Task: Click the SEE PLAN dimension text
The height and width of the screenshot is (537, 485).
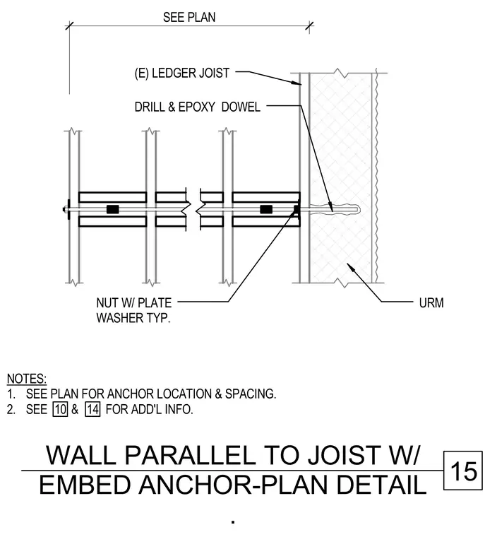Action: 189,17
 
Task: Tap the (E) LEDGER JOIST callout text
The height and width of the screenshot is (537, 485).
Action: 181,73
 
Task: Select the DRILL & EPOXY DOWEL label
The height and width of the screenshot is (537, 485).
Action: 198,107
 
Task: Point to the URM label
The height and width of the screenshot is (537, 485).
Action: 431,302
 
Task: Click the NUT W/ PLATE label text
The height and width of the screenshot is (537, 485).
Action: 134,302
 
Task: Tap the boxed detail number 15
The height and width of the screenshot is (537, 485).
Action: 463,471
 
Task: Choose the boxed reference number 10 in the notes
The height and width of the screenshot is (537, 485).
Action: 60,409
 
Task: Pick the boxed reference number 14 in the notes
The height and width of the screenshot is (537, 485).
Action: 92,409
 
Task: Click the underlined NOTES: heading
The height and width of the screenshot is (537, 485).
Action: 27,379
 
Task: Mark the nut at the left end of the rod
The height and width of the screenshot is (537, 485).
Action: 65,209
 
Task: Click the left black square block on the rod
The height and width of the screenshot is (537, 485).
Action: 113,209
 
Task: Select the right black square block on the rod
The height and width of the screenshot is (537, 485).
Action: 266,209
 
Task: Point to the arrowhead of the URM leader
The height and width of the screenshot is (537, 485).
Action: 350,267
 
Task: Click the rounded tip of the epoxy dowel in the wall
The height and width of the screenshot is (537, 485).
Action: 358,208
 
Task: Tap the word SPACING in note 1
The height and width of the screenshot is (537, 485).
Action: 250,394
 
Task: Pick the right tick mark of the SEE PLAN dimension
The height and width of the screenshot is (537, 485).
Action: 309,26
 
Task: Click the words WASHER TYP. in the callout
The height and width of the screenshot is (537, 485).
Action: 133,318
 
